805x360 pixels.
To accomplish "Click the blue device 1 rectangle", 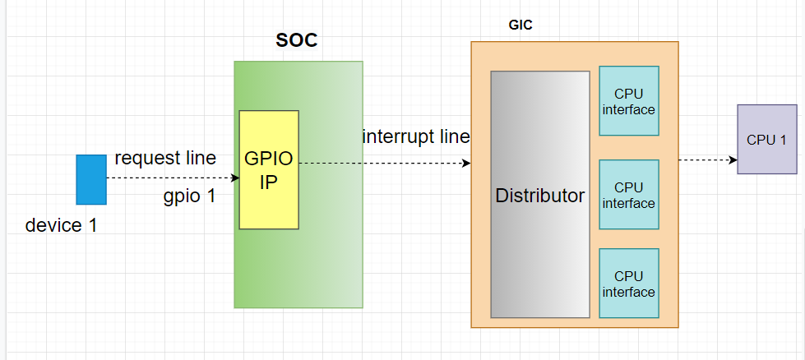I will click(x=91, y=179).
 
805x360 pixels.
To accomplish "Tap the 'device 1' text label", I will click(x=62, y=225).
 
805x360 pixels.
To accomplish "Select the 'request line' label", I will click(x=165, y=158).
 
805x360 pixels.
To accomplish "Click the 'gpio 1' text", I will click(x=189, y=196).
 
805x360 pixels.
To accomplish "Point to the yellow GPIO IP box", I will click(x=269, y=169).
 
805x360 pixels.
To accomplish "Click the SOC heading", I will click(x=296, y=41).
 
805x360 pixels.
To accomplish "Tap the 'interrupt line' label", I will click(x=416, y=136).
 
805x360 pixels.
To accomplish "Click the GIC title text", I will click(x=520, y=25).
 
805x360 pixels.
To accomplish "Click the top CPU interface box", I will click(x=629, y=101).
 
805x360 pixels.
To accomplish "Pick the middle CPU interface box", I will click(x=629, y=196).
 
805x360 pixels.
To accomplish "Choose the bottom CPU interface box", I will click(x=629, y=284).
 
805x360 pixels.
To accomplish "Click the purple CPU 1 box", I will click(x=766, y=139).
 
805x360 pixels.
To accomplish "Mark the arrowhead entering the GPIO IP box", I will click(x=235, y=178).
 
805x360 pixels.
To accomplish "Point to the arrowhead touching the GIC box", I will click(x=466, y=163).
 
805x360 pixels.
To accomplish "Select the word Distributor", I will click(x=540, y=196).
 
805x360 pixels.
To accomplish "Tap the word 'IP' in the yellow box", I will click(x=268, y=182).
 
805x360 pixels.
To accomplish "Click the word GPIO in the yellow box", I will click(x=268, y=159).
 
